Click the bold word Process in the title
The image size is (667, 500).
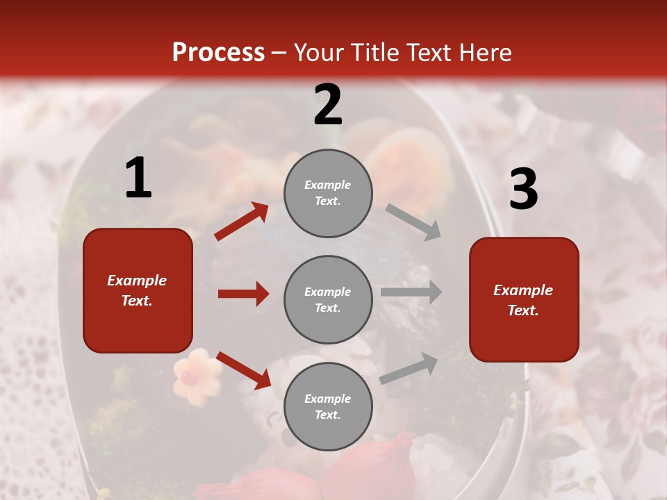[218, 52]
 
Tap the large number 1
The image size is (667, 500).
[138, 178]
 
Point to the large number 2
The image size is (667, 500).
[328, 105]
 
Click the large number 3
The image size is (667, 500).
[523, 190]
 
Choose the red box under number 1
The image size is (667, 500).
[138, 290]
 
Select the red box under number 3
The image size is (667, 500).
[524, 300]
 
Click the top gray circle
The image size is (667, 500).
[328, 193]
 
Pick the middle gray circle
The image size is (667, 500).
[328, 299]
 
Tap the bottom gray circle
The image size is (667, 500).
[328, 406]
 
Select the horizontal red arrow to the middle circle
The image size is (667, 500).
[243, 294]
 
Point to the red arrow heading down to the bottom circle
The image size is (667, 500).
[243, 370]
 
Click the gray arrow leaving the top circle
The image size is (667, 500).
[413, 222]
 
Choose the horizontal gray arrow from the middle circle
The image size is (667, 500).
[411, 292]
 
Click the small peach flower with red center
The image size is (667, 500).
[196, 376]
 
